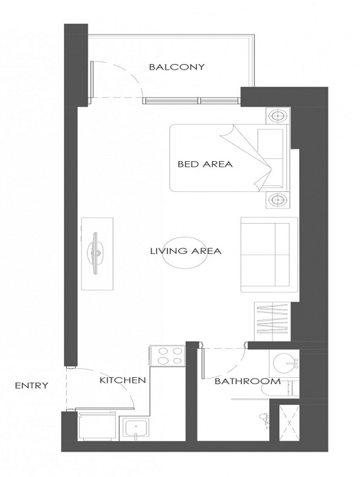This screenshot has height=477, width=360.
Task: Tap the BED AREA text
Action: point(204,165)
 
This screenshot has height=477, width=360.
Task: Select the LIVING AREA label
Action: point(185,251)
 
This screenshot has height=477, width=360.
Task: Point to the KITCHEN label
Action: point(122,380)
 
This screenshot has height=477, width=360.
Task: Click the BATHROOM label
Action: point(246,381)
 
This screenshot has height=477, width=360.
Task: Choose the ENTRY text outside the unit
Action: point(32,386)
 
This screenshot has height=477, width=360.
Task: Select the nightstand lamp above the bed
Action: point(278,116)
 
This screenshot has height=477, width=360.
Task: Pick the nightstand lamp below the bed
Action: point(278,200)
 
